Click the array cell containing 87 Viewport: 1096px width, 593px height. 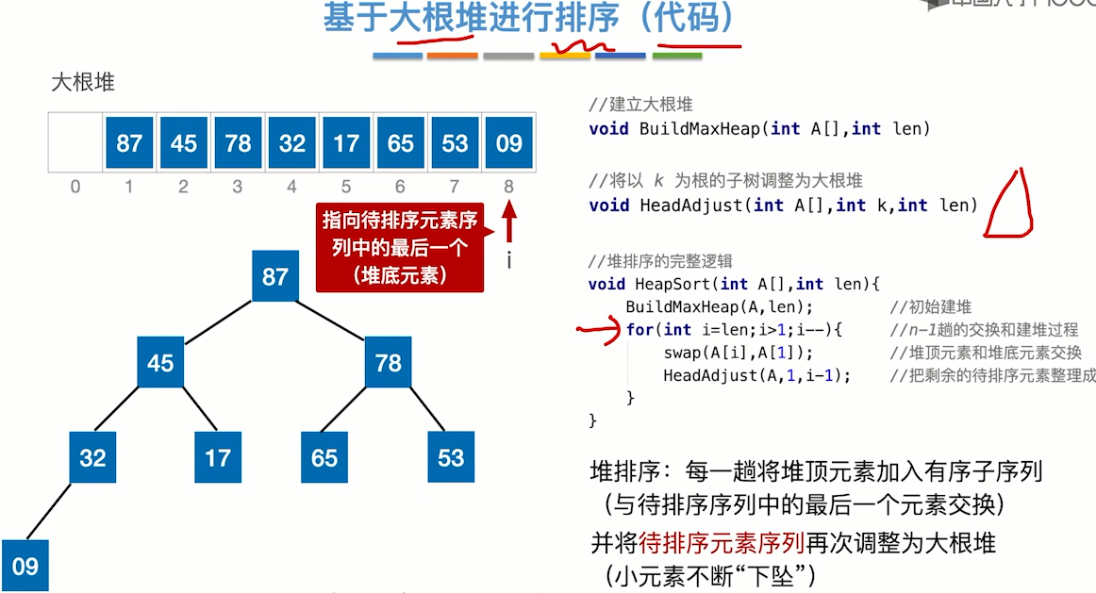129,143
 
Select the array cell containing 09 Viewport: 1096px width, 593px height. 508,143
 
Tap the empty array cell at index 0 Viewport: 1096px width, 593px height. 75,143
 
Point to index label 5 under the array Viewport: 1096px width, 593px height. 346,187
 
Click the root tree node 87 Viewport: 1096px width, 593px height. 274,277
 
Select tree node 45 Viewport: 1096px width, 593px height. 160,363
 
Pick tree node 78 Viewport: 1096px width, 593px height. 389,363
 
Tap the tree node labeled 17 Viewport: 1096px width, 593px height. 218,457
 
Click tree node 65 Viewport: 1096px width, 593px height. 324,457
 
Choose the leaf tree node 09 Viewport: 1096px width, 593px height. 25,566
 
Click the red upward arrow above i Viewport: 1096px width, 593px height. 509,226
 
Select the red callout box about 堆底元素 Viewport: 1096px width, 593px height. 399,248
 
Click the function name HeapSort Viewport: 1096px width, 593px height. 676,283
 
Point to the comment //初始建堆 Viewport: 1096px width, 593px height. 930,306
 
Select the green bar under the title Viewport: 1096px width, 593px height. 676,57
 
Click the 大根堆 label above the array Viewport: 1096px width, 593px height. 83,82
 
